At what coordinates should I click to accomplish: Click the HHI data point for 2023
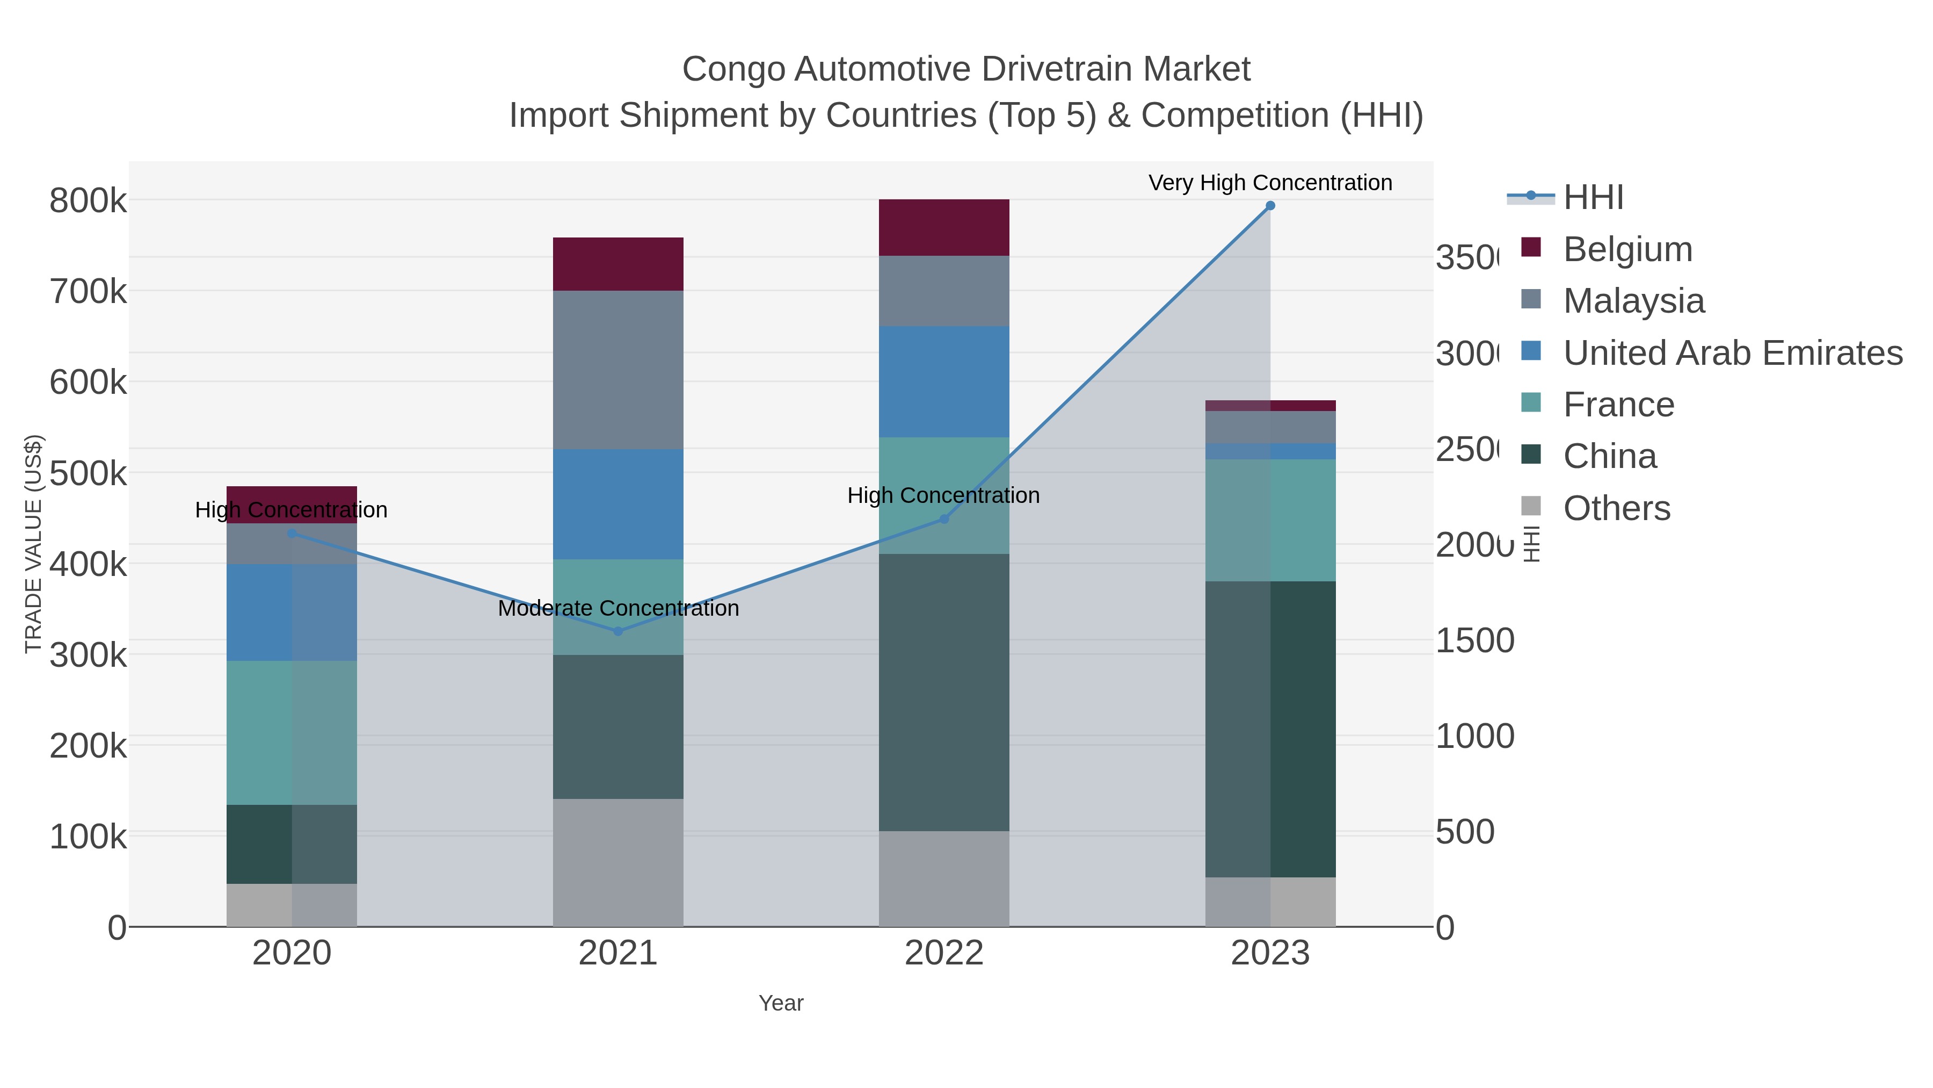(1270, 206)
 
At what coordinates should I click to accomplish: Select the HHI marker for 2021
(617, 631)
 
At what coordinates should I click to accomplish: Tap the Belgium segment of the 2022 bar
(943, 227)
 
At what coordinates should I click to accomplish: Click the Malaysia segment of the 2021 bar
(617, 370)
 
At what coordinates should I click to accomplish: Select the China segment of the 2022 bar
(943, 691)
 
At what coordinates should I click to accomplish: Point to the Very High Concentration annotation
(1270, 183)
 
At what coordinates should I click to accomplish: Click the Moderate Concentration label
(617, 608)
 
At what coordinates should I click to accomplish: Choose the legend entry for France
(1618, 405)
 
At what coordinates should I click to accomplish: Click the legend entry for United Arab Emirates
(1732, 353)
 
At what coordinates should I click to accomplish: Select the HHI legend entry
(1593, 198)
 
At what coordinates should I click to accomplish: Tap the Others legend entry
(1616, 508)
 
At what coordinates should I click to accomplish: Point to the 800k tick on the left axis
(88, 201)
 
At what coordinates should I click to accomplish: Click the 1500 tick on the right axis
(1474, 640)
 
